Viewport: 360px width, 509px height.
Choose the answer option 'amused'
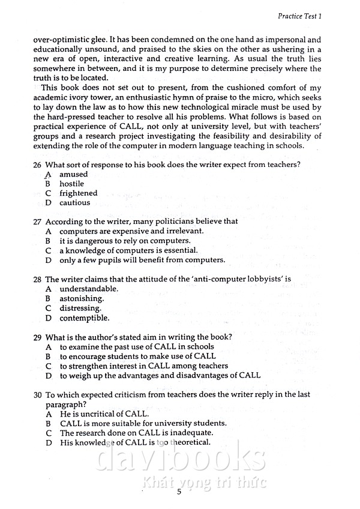pyautogui.click(x=73, y=174)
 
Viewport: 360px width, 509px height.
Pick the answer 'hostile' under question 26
pyautogui.click(x=71, y=184)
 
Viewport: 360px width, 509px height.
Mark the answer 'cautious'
pyautogui.click(x=74, y=203)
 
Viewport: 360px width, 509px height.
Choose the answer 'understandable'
pyautogui.click(x=88, y=289)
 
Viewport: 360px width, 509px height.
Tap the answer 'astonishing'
pyautogui.click(x=81, y=298)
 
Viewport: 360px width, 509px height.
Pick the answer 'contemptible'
pyautogui.click(x=84, y=318)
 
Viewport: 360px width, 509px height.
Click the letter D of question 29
pyautogui.click(x=48, y=376)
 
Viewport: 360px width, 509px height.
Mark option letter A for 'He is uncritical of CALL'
pyautogui.click(x=48, y=414)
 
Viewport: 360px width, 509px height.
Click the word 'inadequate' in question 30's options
pyautogui.click(x=192, y=433)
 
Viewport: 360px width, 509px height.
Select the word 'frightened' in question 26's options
pyautogui.click(x=78, y=193)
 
